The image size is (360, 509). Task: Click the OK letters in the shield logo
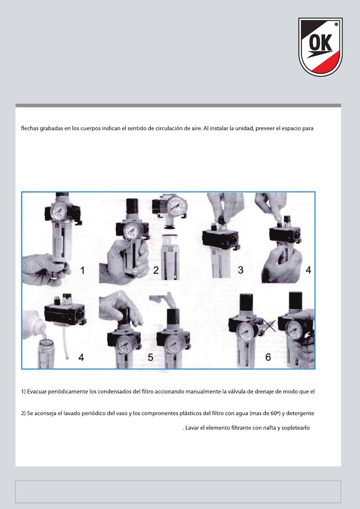pyautogui.click(x=321, y=43)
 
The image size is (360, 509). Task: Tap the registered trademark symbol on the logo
pyautogui.click(x=336, y=24)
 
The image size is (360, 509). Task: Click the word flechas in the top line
pyautogui.click(x=30, y=129)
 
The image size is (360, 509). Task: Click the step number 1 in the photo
pyautogui.click(x=82, y=270)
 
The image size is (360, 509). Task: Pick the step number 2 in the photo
pyautogui.click(x=156, y=270)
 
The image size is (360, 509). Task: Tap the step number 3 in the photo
pyautogui.click(x=241, y=270)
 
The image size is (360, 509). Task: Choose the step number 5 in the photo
pyautogui.click(x=150, y=357)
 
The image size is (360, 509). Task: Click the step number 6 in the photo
pyautogui.click(x=268, y=357)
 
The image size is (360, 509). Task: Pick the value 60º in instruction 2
pyautogui.click(x=275, y=413)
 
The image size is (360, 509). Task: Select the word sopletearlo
pyautogui.click(x=296, y=428)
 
